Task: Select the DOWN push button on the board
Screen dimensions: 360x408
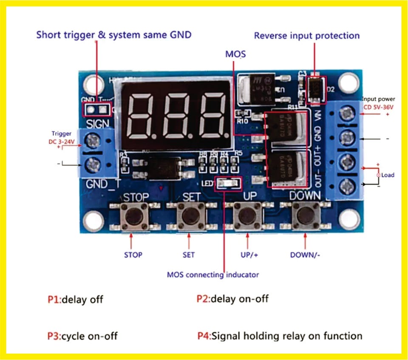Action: tap(306, 216)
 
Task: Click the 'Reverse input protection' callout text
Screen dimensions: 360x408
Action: tap(306, 36)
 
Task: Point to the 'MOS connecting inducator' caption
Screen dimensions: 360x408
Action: tap(212, 275)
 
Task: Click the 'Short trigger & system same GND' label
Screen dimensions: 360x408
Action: tap(114, 35)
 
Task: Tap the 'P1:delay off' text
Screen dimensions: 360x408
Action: tap(75, 299)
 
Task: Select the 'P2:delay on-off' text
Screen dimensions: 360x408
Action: tap(232, 299)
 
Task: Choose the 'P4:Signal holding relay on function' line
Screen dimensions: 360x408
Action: tap(280, 336)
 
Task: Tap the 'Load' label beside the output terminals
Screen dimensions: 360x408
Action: tap(387, 175)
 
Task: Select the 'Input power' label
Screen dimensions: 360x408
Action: tap(378, 99)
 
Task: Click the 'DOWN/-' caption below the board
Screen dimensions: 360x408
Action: tap(305, 255)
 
